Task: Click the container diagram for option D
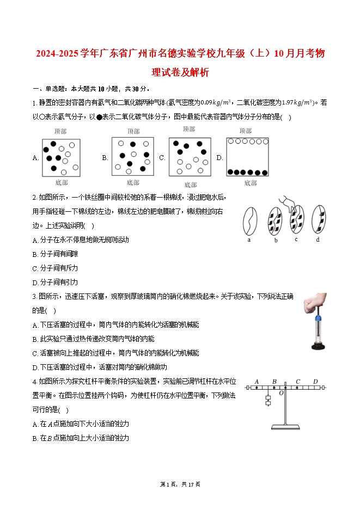pos(248,157)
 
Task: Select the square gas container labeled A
pos(62,157)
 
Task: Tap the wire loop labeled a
pos(250,219)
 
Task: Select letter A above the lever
pos(256,382)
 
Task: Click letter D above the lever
pos(315,382)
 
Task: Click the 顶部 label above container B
pos(133,131)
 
